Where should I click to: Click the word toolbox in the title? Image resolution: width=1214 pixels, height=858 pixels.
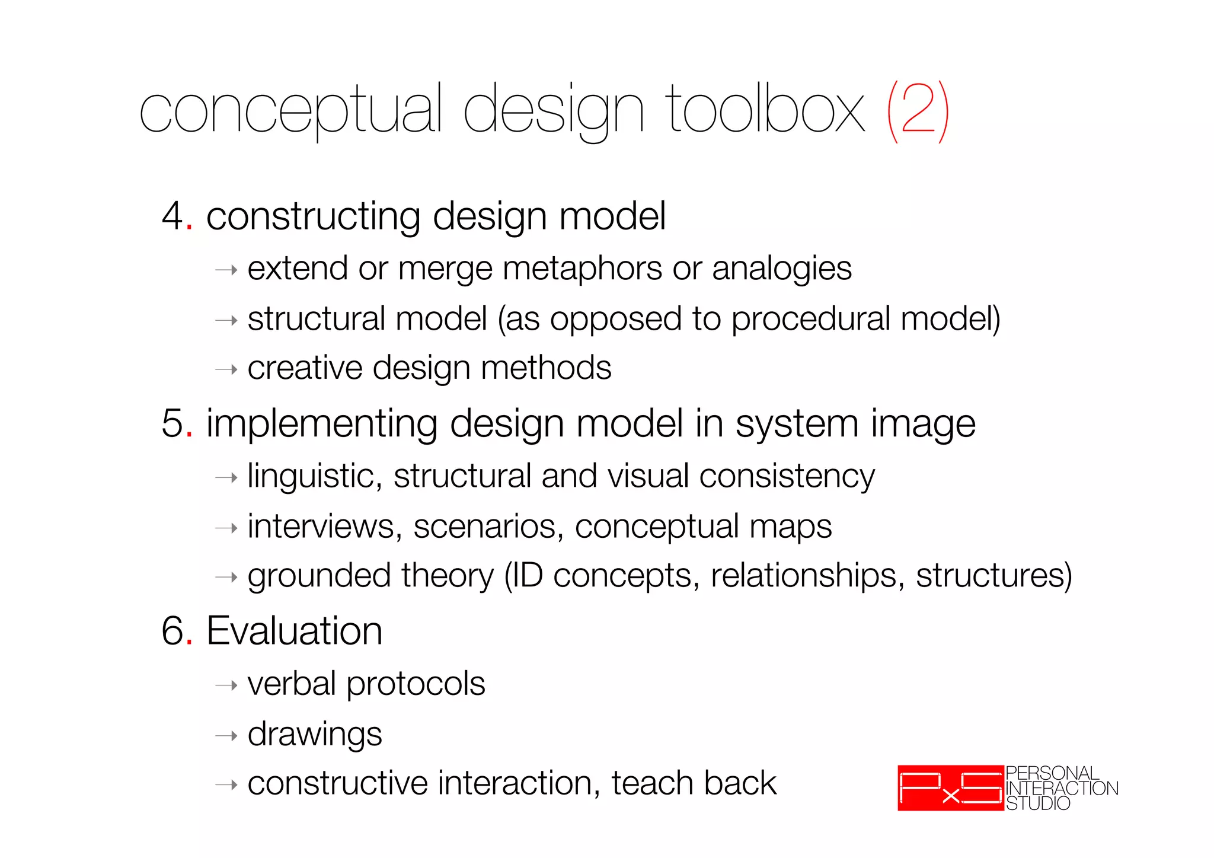click(765, 110)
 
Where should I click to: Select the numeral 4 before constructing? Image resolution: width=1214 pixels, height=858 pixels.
click(172, 216)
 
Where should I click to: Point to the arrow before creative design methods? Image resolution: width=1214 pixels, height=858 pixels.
click(226, 370)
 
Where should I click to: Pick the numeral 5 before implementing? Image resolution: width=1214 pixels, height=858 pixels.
click(172, 423)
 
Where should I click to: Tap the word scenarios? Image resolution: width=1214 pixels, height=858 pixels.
click(488, 527)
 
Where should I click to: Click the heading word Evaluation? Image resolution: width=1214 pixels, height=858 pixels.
click(294, 630)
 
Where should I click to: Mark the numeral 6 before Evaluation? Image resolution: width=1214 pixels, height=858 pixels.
click(172, 630)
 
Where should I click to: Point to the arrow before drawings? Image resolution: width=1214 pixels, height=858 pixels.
click(226, 736)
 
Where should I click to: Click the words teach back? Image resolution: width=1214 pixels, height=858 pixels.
click(694, 783)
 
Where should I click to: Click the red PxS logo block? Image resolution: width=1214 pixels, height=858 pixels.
click(950, 788)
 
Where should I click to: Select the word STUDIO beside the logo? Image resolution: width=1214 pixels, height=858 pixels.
click(1038, 803)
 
